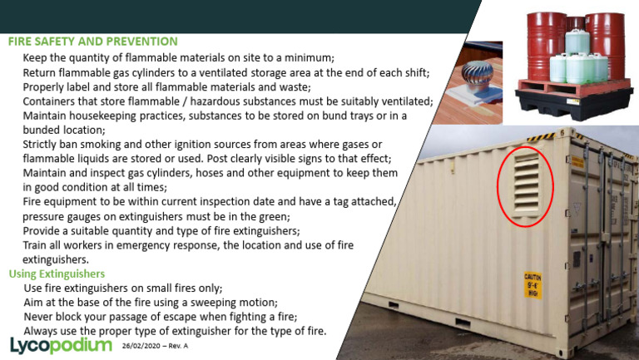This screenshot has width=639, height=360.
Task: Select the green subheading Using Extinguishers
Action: [x=56, y=274]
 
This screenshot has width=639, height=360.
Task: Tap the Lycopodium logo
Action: [x=60, y=344]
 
